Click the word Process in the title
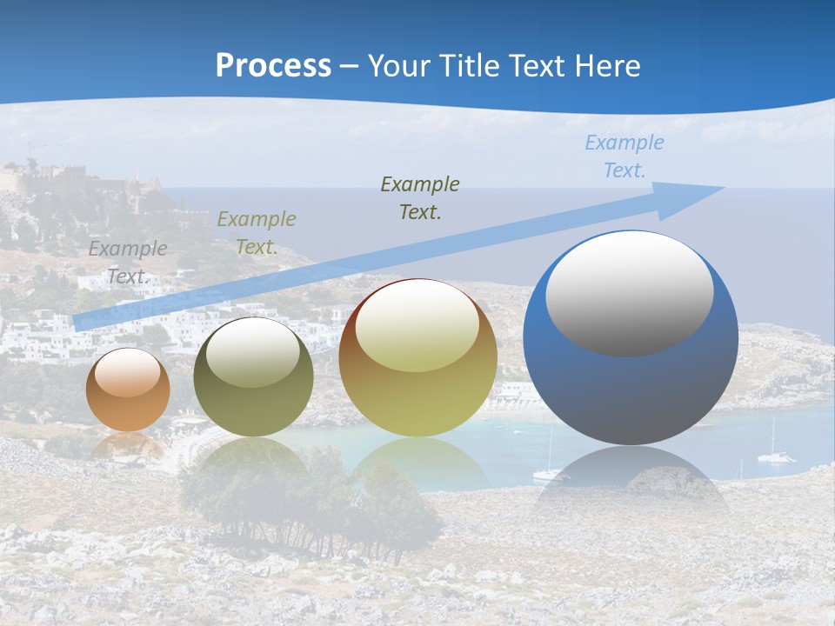273,66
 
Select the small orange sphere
128,390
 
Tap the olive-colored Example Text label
256,233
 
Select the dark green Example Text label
420,197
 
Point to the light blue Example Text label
624,156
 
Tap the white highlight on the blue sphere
630,294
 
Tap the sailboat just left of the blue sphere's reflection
547,469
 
